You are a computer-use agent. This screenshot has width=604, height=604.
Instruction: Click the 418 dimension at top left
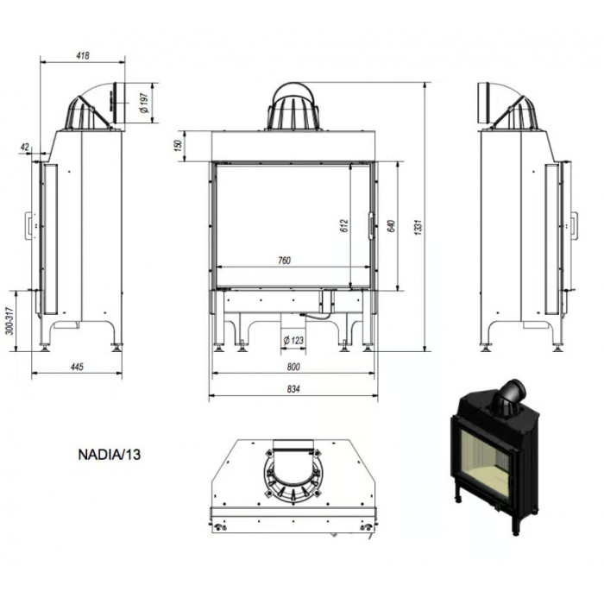point(83,55)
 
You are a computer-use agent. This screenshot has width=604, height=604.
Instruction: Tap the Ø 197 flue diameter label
point(144,103)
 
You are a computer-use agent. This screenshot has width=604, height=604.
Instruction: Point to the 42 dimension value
point(25,147)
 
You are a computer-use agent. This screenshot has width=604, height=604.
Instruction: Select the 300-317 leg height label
point(9,320)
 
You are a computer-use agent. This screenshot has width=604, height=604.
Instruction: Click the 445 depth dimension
point(77,367)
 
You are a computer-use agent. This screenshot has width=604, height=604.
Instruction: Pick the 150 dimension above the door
point(178,146)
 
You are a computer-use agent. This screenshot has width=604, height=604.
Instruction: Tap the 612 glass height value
point(344,225)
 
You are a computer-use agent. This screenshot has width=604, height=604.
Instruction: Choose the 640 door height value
point(391,226)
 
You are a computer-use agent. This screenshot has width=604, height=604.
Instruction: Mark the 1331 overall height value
point(418,227)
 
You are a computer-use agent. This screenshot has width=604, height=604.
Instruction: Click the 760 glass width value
point(284,261)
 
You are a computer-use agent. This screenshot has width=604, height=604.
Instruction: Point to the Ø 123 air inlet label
point(293,341)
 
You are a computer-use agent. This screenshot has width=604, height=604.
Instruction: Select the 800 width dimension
point(293,367)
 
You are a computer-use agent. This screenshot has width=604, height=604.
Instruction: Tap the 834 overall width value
point(293,389)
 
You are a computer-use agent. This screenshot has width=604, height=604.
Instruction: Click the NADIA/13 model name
point(110,455)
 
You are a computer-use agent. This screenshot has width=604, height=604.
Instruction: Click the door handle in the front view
point(371,226)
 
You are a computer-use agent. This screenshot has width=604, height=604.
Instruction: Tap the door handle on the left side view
point(28,225)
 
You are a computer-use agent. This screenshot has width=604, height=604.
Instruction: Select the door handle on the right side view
point(574,225)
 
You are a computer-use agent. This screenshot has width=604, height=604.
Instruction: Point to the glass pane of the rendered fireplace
point(485,464)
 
